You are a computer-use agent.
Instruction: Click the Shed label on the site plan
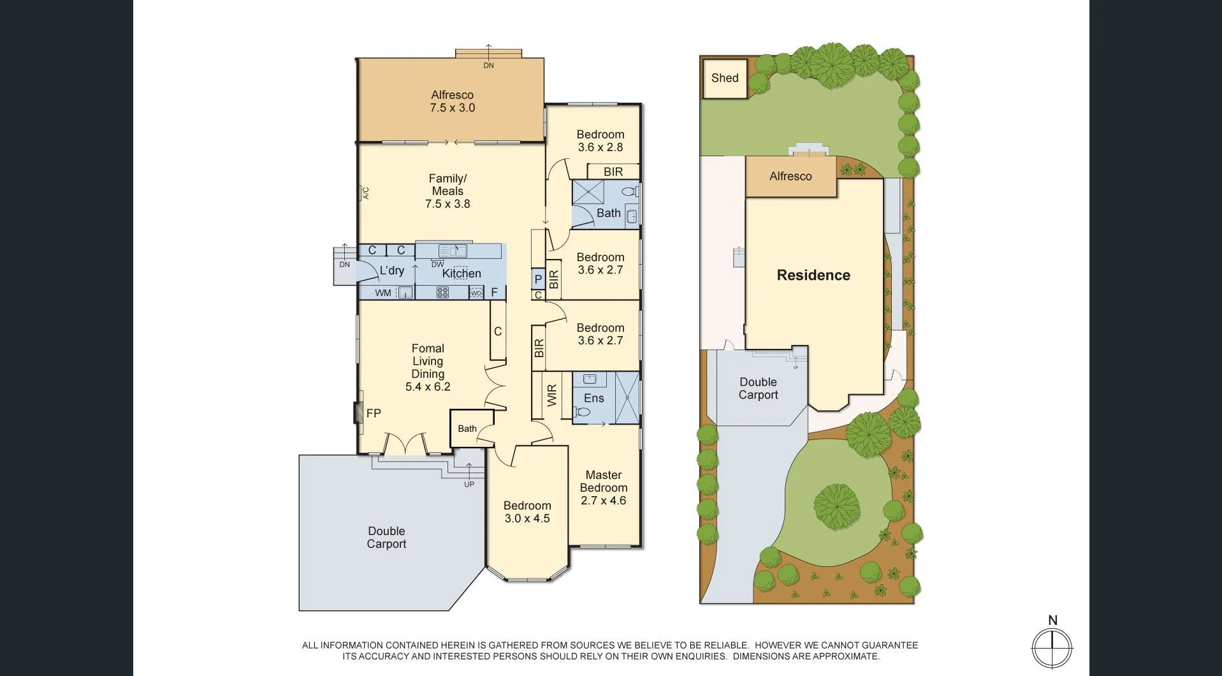tap(725, 78)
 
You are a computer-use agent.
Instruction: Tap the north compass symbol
tap(1052, 647)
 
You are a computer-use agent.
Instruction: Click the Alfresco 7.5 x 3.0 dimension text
tap(452, 108)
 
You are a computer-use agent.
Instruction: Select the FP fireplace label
tap(374, 413)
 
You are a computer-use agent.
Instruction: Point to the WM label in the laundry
tap(383, 293)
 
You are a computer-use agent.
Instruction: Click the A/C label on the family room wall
tap(366, 193)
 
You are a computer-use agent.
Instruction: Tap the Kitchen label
tap(462, 274)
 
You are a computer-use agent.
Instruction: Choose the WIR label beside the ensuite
tap(552, 395)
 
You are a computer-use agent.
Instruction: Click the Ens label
tap(593, 398)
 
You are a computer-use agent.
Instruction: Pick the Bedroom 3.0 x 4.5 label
tap(527, 512)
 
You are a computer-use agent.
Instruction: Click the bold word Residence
tap(813, 275)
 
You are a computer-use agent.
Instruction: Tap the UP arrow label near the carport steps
tap(469, 485)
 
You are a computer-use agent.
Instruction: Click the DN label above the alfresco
tap(488, 65)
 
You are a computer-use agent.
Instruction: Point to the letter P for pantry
tap(538, 279)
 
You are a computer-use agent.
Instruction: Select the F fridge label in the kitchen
tap(494, 293)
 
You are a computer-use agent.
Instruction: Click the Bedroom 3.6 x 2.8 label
tap(600, 141)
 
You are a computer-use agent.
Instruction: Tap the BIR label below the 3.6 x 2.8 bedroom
tap(613, 172)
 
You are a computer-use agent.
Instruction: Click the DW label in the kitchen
tap(437, 264)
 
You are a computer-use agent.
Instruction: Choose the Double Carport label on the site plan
tap(758, 388)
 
